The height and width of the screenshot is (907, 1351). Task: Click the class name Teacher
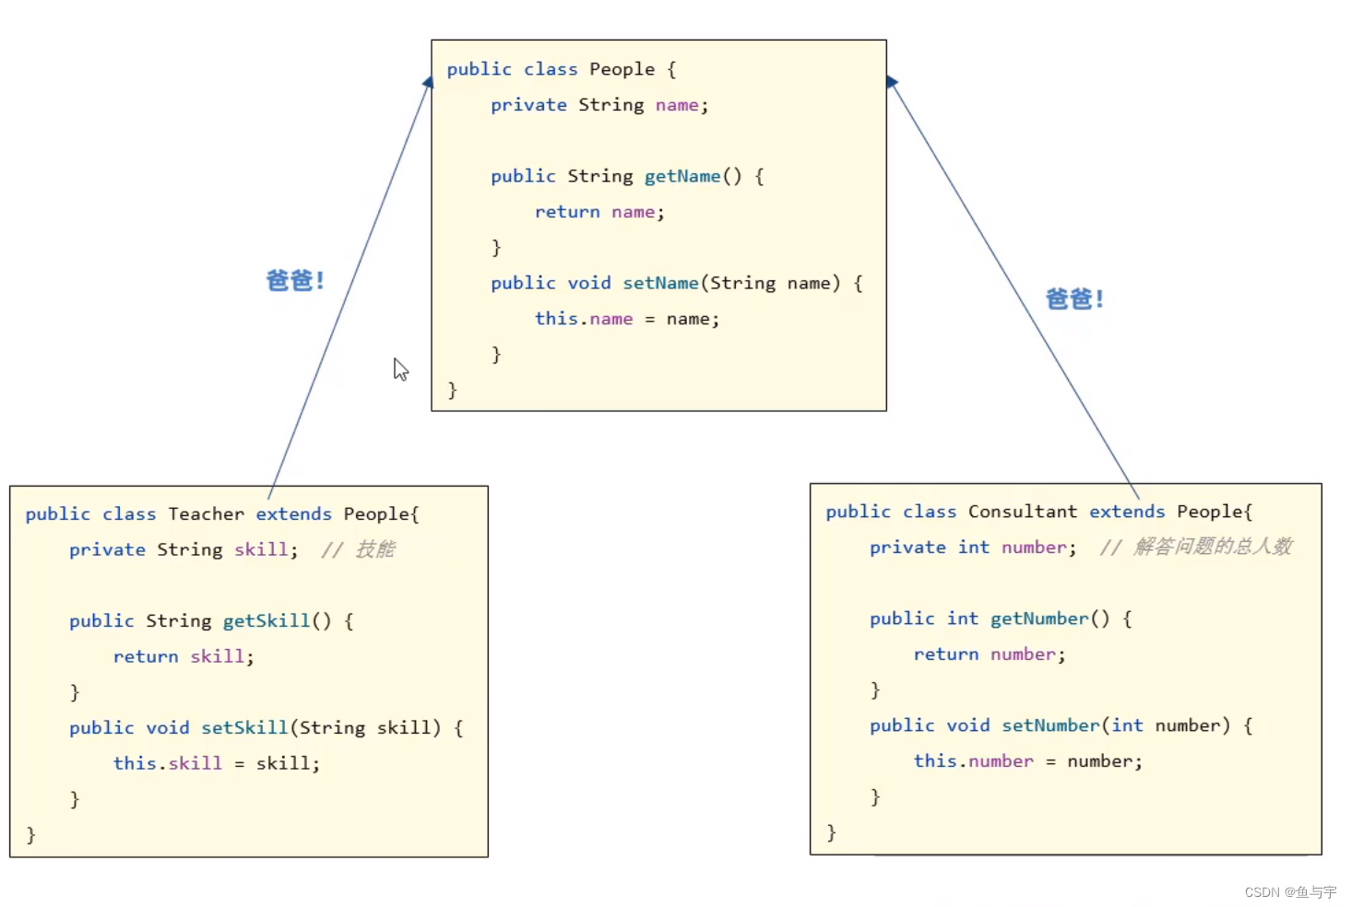[x=206, y=514]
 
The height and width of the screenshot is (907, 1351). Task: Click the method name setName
[x=660, y=283]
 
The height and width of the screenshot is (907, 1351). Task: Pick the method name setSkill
[x=244, y=728]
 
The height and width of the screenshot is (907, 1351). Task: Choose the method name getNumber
[x=1039, y=618]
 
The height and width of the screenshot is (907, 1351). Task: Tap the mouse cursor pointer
[x=400, y=369]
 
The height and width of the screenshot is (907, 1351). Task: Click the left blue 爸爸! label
[x=295, y=280]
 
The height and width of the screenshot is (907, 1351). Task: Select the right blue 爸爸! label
[x=1074, y=299]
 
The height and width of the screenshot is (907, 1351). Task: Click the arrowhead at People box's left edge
[x=428, y=83]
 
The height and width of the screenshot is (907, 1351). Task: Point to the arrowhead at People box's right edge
[x=891, y=82]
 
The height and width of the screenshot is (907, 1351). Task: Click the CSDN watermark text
[x=1289, y=892]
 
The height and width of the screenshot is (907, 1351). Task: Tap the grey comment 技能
[x=374, y=550]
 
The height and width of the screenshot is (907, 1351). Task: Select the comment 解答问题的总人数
[x=1212, y=547]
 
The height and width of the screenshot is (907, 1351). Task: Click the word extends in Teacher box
[x=293, y=514]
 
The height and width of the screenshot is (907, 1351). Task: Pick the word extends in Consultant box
[x=1127, y=512]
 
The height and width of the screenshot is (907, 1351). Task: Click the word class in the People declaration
[x=551, y=69]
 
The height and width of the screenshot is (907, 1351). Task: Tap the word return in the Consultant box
[x=945, y=654]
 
